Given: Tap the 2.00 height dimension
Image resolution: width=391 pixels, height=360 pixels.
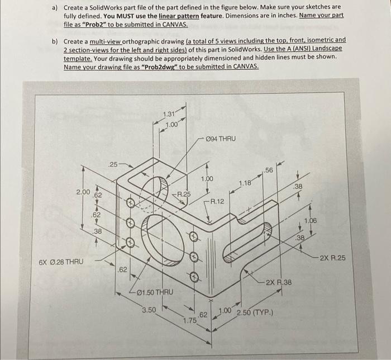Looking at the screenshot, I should [83, 192].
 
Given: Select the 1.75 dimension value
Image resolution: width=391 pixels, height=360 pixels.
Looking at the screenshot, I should [191, 320].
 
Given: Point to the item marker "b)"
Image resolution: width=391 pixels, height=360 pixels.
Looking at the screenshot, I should [55, 41].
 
